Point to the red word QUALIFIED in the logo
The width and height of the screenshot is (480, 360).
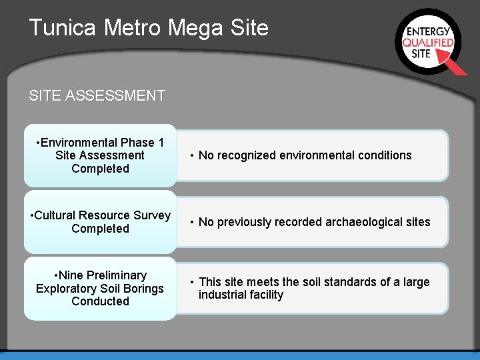(428, 42)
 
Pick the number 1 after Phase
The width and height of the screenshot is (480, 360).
(161, 143)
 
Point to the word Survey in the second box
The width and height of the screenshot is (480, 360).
(152, 215)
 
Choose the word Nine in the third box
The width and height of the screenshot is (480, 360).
(72, 275)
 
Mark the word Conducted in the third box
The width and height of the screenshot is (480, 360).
(100, 301)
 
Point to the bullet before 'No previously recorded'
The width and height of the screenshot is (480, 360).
(191, 222)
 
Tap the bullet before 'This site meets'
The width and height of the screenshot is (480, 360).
(191, 282)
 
